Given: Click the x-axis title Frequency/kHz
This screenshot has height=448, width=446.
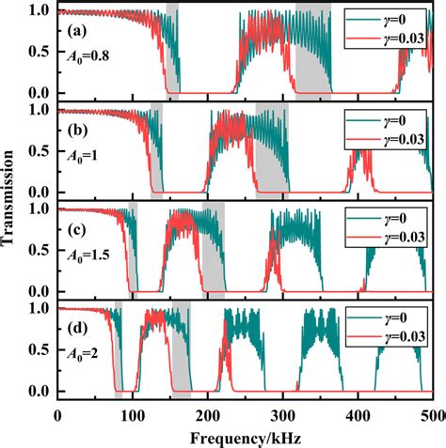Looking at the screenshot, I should click(247, 437).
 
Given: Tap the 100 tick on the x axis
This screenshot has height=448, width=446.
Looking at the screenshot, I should click(133, 413).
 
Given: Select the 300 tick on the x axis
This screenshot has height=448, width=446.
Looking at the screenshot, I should click(283, 413).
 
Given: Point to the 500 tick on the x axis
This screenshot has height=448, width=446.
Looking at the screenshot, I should click(432, 413).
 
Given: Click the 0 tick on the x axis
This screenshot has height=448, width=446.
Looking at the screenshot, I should click(58, 413).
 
